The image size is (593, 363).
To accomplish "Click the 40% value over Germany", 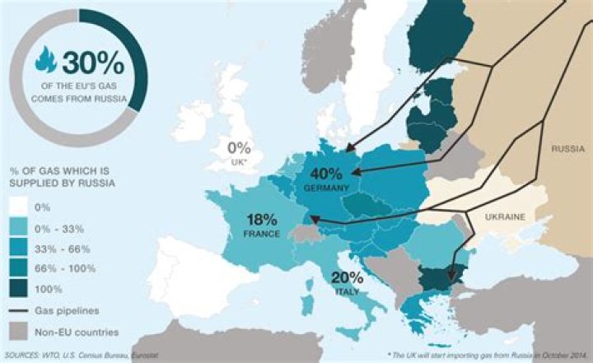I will point(328,174).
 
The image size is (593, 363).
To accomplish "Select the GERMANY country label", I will point(328,188).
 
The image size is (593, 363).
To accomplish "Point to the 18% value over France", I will point(263,221).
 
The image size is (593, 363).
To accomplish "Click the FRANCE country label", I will point(263,235).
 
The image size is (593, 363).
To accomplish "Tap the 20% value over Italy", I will point(348,278).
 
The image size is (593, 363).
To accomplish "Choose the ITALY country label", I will point(348,291).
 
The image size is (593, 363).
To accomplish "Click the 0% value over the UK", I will point(239,149).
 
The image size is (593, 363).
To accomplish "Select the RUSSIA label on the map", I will point(567,150).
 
